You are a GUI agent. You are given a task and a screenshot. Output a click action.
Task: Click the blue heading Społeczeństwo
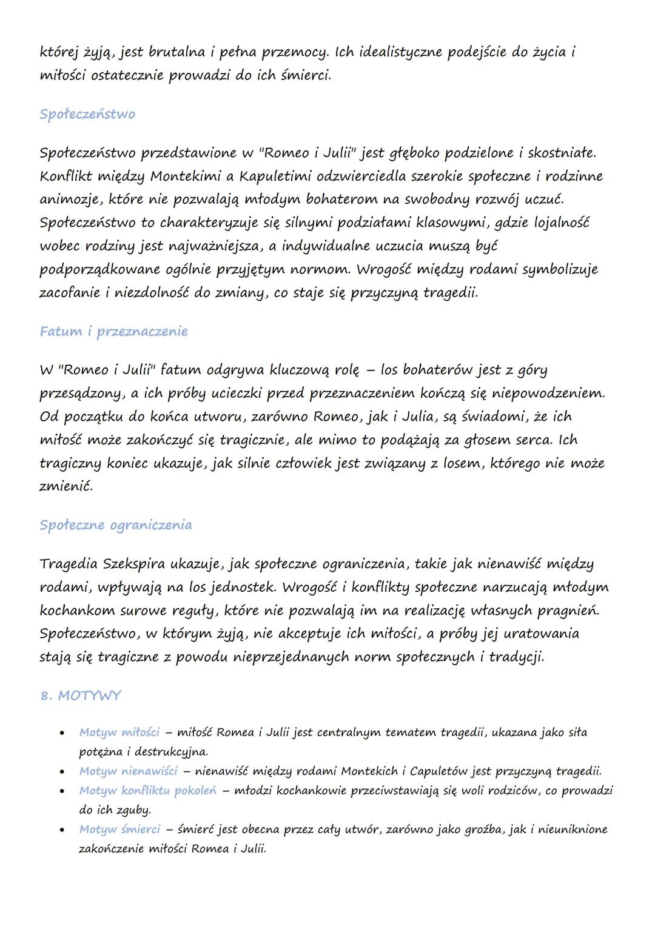point(87,115)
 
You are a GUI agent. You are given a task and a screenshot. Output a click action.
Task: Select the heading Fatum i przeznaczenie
point(113,332)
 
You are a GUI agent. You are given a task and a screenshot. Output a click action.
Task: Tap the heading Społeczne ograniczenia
point(115,525)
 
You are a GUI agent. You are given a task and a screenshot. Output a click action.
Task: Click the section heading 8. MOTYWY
point(81,696)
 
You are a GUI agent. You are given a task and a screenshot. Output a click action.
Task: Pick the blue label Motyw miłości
point(119,733)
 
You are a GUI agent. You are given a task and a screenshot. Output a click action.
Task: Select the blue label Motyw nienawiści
point(128,771)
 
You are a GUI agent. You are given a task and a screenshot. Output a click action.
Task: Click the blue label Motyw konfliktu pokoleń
point(147,791)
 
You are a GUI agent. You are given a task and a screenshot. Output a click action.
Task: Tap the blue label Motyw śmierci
point(119,830)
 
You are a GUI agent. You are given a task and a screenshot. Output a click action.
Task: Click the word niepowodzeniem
point(549,393)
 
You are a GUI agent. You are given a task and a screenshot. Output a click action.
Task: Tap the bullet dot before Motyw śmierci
point(62,830)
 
